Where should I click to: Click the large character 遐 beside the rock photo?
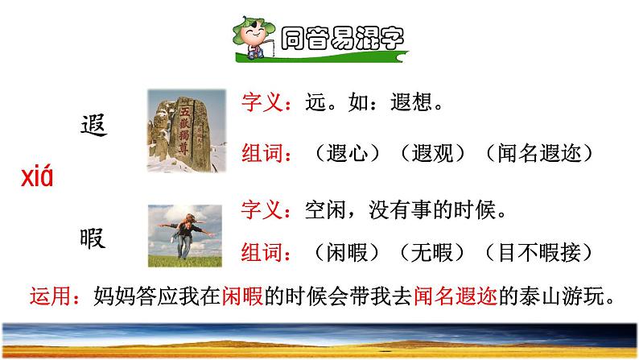coord(94,126)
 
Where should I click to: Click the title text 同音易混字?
coord(344,39)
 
